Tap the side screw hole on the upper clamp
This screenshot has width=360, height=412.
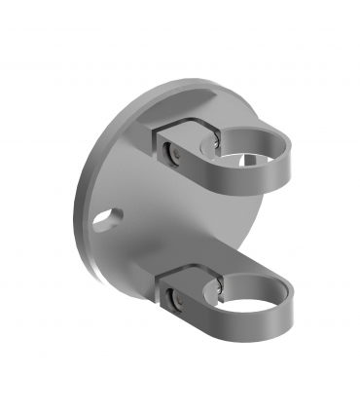point(172,153)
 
